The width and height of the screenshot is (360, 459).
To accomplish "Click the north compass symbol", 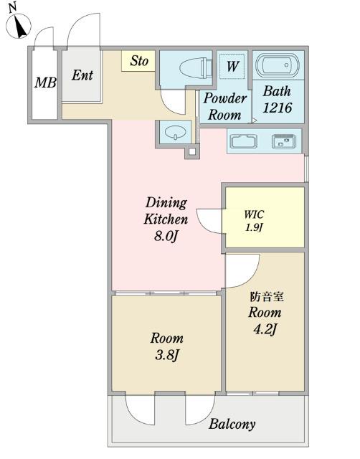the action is tap(19, 26).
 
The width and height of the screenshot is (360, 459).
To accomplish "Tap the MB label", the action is tap(45, 83).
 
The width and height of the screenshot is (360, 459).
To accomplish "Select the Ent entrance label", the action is tap(82, 75).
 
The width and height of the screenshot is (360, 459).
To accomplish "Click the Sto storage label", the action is tap(139, 61).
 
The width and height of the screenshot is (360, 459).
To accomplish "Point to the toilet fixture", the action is tap(196, 68).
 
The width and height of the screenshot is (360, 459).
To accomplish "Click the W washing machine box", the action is tap(232, 66).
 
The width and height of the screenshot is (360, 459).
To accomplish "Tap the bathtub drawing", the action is tap(277, 65).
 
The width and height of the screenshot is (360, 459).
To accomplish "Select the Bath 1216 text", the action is tap(277, 100).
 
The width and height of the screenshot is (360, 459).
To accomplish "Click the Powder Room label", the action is tap(224, 106).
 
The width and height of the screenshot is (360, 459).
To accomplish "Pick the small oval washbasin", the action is tap(175, 132).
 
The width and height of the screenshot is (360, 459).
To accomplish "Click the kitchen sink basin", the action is tap(244, 141).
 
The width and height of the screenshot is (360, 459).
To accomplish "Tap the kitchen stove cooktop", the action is tap(284, 141).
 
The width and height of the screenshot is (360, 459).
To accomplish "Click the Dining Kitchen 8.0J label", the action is tap(166, 219).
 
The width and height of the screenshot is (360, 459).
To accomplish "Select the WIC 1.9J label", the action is tap(254, 221).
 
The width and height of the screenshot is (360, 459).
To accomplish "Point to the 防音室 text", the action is tap(267, 297).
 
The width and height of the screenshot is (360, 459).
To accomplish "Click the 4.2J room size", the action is tap(265, 330).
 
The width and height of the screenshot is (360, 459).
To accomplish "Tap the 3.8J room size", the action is tap(166, 356).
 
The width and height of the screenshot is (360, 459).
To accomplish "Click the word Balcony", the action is tap(232, 424).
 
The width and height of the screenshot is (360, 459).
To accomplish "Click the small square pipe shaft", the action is tap(192, 152).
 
